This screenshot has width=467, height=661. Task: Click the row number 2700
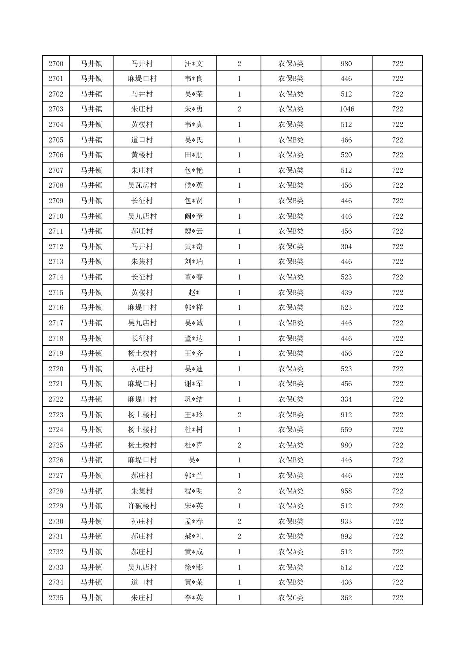[x=56, y=64]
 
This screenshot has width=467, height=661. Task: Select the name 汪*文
[x=194, y=64]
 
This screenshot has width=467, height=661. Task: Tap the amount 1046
[x=347, y=109]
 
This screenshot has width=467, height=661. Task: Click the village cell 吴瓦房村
[x=142, y=185]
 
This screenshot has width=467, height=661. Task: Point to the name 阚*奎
[x=194, y=216]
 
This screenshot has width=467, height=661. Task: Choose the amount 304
[x=347, y=247]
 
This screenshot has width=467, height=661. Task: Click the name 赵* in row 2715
[x=194, y=292]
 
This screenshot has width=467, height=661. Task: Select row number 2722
[x=56, y=399]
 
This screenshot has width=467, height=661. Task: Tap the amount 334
[x=347, y=399]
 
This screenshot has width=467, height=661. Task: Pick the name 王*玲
[x=194, y=415]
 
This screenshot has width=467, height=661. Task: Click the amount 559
[x=347, y=430]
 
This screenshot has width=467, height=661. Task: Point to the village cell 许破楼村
[x=142, y=506]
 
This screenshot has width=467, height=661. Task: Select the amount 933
[x=347, y=521]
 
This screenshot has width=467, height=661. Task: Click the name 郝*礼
[x=194, y=536]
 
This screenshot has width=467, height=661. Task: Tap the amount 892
[x=347, y=536]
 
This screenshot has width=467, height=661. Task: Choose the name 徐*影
[x=194, y=567]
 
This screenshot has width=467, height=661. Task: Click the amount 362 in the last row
[x=347, y=598]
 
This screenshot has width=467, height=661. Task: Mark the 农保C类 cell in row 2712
[x=291, y=247]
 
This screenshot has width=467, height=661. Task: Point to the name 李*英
[x=194, y=598]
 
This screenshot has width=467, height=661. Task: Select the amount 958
[x=347, y=491]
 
